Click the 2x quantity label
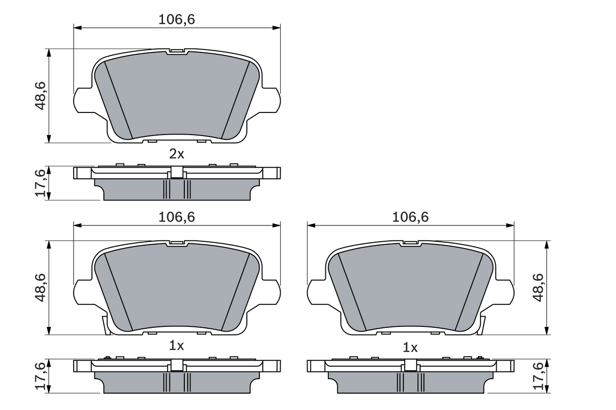pos(177,154)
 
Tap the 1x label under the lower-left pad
pos(177,345)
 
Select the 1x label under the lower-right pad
pos(410,347)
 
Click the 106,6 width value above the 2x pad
pos(177,19)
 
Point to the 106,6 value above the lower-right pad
pos(411,217)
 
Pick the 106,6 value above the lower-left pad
pos(177,217)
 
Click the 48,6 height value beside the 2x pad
pos(40,96)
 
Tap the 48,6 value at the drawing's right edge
pos(538,287)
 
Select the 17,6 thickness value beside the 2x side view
pos(40,183)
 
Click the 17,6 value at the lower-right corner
pos(538,376)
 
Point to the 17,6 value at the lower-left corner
pos(40,376)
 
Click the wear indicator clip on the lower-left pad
pos(104,325)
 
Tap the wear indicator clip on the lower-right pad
pos(482,325)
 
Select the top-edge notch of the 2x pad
pos(177,51)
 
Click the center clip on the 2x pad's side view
pos(177,172)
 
